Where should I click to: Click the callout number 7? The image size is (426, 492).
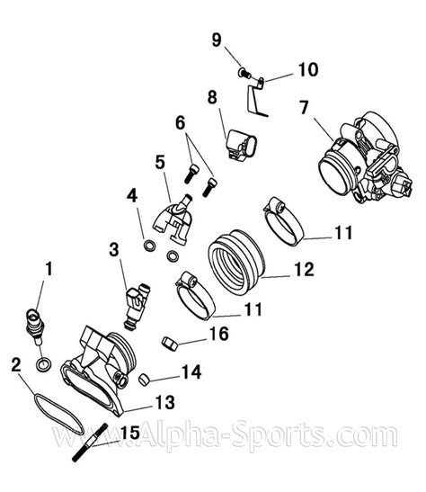[x=304, y=107]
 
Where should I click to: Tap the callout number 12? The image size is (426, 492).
[x=304, y=269]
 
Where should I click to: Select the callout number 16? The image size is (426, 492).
[x=218, y=334]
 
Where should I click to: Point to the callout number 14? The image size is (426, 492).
[x=191, y=371]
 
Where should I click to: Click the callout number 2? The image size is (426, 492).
[x=16, y=364]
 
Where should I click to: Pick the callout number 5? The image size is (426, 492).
[x=160, y=163]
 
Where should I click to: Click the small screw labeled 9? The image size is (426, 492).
[x=244, y=74]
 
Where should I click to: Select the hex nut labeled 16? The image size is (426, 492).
[x=170, y=344]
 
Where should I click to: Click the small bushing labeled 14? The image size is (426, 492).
[x=144, y=380]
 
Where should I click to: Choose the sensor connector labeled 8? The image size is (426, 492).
[x=241, y=146]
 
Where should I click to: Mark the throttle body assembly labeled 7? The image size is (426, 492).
[x=365, y=157]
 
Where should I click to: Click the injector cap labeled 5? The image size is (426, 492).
[x=173, y=219]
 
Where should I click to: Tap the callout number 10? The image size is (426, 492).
[x=308, y=69]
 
